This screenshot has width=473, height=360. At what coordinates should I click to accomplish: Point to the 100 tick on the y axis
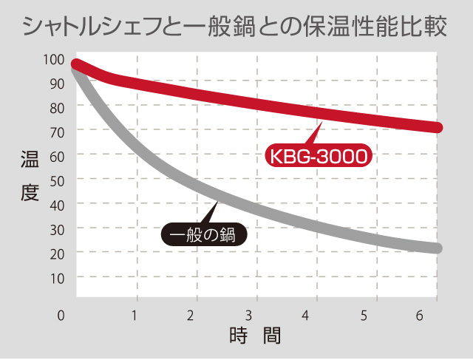pyautogui.click(x=58, y=60)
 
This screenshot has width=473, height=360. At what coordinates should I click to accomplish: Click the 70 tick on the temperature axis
pyautogui.click(x=58, y=131)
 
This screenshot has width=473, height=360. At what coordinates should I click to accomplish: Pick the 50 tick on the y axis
pyautogui.click(x=58, y=180)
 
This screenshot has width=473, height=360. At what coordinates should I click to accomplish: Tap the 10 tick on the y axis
pyautogui.click(x=58, y=277)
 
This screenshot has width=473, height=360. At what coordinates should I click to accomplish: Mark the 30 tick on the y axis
pyautogui.click(x=58, y=228)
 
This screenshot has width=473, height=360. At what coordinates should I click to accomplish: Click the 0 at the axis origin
pyautogui.click(x=62, y=316)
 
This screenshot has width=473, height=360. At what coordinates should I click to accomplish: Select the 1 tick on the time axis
pyautogui.click(x=135, y=316)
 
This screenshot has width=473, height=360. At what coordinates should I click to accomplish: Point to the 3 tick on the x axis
pyautogui.click(x=250, y=316)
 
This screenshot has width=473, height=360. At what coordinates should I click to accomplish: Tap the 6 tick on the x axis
pyautogui.click(x=420, y=316)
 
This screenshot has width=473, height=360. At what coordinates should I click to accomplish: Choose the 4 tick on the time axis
pyautogui.click(x=306, y=316)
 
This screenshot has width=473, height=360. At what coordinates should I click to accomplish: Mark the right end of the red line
pyautogui.click(x=438, y=127)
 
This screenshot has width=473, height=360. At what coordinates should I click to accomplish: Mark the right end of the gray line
pyautogui.click(x=438, y=248)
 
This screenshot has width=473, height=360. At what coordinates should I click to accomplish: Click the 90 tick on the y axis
pyautogui.click(x=58, y=84)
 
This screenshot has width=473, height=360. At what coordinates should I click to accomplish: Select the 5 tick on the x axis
pyautogui.click(x=364, y=316)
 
